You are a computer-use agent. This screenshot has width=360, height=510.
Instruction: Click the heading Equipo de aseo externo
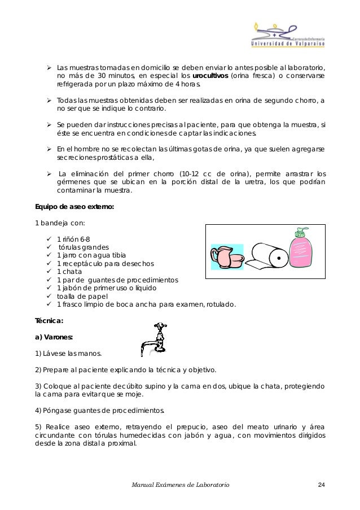74,207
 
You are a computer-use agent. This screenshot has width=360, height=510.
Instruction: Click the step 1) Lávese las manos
68,354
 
